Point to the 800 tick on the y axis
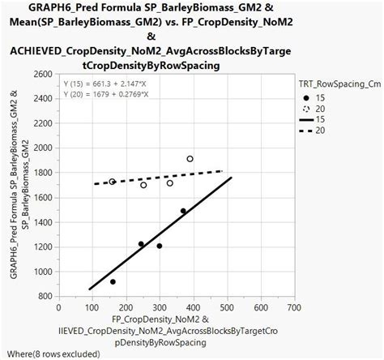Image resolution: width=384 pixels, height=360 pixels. click(45, 296)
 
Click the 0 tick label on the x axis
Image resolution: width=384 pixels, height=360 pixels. click(58, 308)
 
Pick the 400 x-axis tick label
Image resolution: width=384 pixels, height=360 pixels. click(192, 308)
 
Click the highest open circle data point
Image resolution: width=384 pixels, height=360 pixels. click(190, 159)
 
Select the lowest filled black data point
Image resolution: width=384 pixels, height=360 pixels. click(113, 281)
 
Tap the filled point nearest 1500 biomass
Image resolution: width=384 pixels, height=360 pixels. click(183, 211)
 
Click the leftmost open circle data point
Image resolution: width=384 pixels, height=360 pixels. click(113, 182)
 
